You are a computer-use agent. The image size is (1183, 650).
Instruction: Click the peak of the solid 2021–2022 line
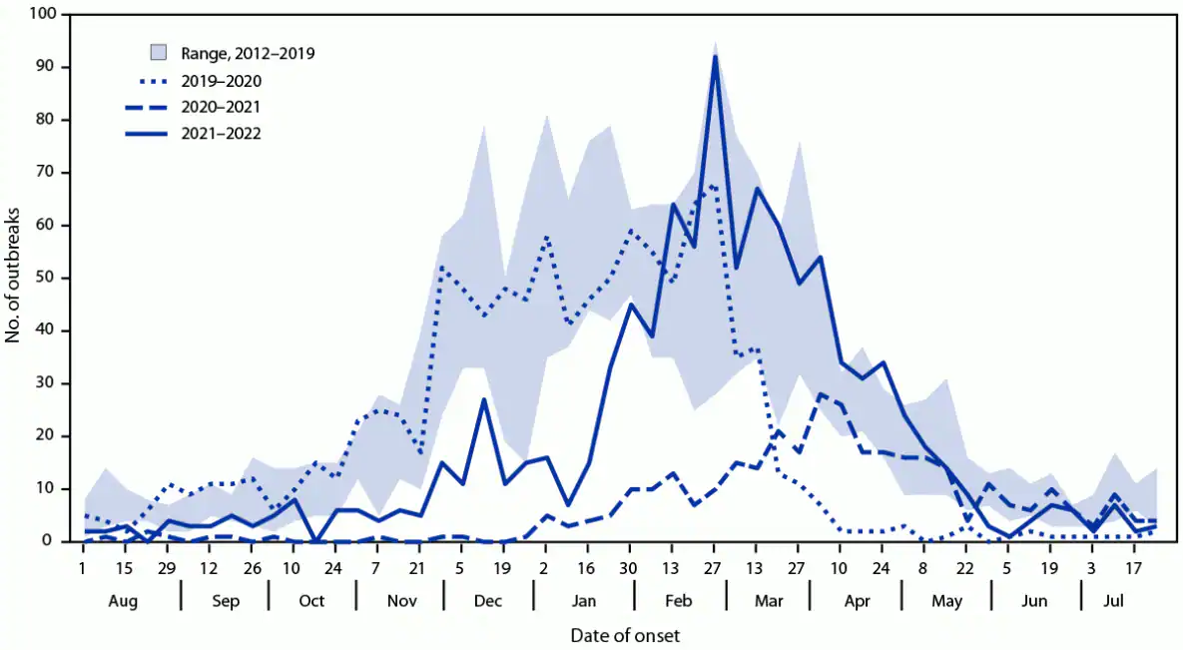point(715,57)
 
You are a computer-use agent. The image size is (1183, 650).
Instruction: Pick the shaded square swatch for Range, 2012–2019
point(158,53)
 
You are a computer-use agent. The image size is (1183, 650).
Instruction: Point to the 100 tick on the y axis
point(43,15)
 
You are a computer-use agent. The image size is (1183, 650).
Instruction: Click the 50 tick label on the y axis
point(47,279)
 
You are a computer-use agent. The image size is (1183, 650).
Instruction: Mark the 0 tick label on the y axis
point(51,541)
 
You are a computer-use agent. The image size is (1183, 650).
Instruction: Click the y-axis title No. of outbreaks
point(14,279)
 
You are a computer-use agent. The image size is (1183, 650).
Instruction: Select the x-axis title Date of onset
point(626,635)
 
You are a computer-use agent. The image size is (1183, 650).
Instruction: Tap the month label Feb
point(679,601)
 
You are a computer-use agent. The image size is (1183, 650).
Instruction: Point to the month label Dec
point(489,601)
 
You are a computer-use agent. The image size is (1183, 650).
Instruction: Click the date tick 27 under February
point(715,568)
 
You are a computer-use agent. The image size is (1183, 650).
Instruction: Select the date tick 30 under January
point(630,568)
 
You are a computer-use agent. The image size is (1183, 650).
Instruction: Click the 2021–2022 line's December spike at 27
point(483,399)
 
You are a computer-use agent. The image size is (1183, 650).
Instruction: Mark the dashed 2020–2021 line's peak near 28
point(820,394)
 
